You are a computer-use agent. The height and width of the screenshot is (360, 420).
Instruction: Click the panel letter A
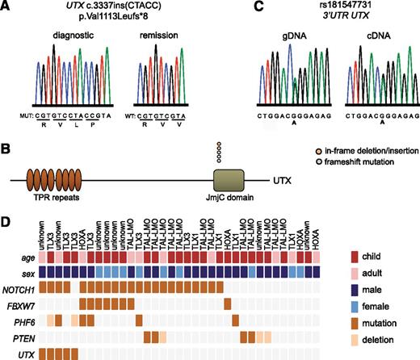(x=6, y=7)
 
